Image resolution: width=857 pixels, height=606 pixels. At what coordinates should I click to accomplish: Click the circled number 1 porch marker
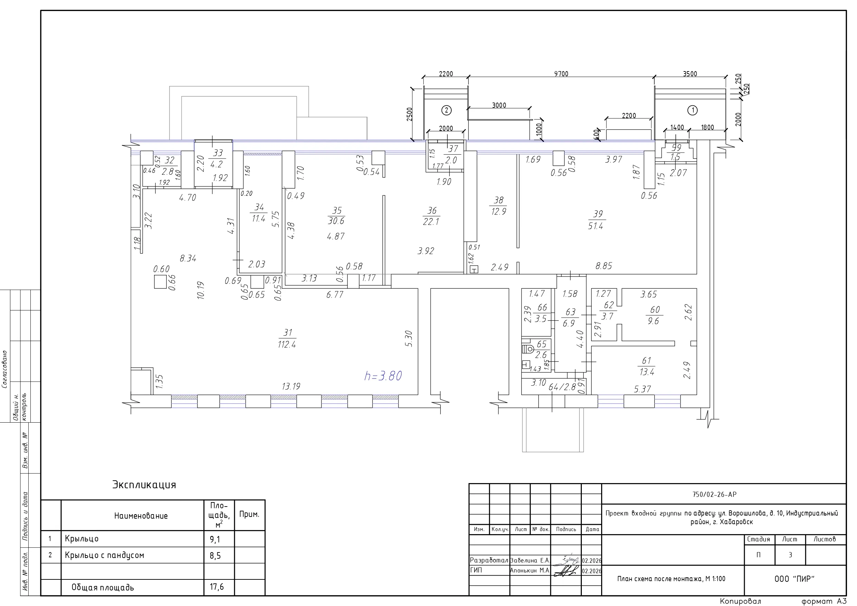[x=692, y=110]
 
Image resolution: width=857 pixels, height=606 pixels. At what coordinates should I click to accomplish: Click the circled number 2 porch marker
[x=446, y=110]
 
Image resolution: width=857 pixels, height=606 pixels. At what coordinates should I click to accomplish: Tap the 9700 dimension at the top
[x=561, y=74]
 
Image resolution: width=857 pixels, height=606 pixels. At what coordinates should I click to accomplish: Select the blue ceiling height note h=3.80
[x=383, y=376]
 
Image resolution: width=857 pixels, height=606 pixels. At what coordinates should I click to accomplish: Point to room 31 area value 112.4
[x=287, y=344]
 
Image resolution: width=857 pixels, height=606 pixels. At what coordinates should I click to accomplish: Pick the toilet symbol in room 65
[x=528, y=349]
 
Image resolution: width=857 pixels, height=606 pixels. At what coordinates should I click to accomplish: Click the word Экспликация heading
[x=144, y=485]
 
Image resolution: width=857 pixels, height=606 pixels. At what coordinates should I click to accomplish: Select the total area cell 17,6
[x=216, y=587]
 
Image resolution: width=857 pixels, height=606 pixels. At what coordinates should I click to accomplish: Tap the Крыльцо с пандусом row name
[x=105, y=555]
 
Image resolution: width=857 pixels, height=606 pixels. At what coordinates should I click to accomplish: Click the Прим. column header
[x=249, y=514]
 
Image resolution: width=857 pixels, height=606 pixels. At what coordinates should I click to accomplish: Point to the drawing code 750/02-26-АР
[x=714, y=494]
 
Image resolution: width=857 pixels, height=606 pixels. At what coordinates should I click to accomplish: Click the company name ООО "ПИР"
[x=794, y=579]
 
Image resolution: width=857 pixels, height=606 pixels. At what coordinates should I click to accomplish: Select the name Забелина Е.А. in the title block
[x=530, y=560]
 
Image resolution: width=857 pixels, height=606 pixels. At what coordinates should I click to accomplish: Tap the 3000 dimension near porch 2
[x=499, y=105]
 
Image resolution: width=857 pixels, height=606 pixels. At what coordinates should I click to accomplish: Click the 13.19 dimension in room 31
[x=291, y=386]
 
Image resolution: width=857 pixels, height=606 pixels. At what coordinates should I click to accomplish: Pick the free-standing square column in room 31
[x=161, y=281]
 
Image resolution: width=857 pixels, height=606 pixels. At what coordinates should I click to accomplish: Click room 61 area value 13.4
[x=646, y=372]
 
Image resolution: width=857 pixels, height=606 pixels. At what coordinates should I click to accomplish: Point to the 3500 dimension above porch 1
[x=690, y=74]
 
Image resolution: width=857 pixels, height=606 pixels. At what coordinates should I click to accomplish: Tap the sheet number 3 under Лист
[x=790, y=555]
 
